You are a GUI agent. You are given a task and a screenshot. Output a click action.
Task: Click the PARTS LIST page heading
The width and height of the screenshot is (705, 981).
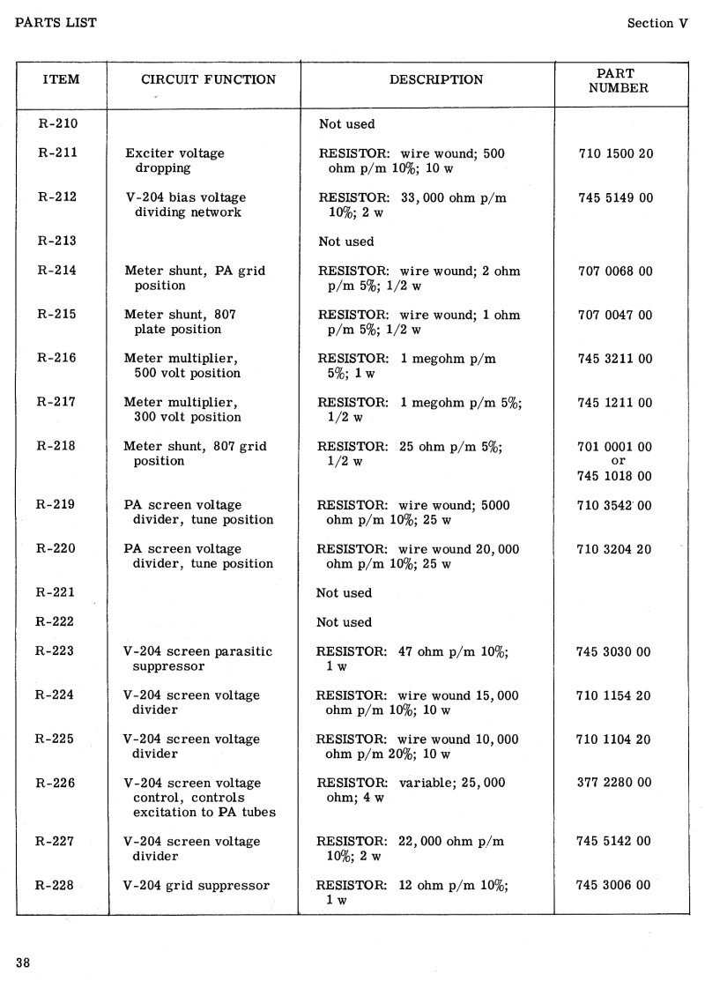(x=56, y=22)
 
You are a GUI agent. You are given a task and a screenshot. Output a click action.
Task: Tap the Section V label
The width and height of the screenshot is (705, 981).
(x=657, y=24)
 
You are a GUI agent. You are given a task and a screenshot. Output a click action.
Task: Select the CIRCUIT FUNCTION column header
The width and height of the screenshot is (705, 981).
(x=209, y=79)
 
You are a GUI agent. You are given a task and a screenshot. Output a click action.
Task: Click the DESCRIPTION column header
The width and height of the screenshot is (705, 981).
(x=436, y=79)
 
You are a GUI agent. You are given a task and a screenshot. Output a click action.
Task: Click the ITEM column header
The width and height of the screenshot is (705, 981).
(x=61, y=79)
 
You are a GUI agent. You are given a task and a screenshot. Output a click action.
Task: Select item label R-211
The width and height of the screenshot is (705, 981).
(x=58, y=152)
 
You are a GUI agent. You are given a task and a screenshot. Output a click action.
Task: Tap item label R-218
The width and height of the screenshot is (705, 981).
(x=58, y=446)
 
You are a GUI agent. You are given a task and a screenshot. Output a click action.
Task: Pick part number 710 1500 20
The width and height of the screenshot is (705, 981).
(x=616, y=153)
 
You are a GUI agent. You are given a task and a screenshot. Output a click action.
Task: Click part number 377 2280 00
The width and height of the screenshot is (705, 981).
(x=614, y=783)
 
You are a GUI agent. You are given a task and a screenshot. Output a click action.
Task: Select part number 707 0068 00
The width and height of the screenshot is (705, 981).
(x=615, y=271)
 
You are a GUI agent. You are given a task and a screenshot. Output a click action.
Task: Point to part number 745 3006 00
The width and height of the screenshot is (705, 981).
(x=614, y=885)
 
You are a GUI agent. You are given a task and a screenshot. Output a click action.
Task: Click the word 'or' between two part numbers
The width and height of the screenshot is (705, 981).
(x=618, y=461)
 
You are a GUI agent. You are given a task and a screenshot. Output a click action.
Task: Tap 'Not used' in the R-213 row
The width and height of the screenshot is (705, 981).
(x=346, y=242)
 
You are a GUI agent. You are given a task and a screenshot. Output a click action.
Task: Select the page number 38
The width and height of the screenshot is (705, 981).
(x=23, y=962)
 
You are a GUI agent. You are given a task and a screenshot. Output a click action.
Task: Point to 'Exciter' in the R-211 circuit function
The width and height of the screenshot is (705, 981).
(x=150, y=153)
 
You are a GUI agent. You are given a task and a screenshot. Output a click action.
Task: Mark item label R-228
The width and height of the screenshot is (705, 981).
(x=56, y=885)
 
